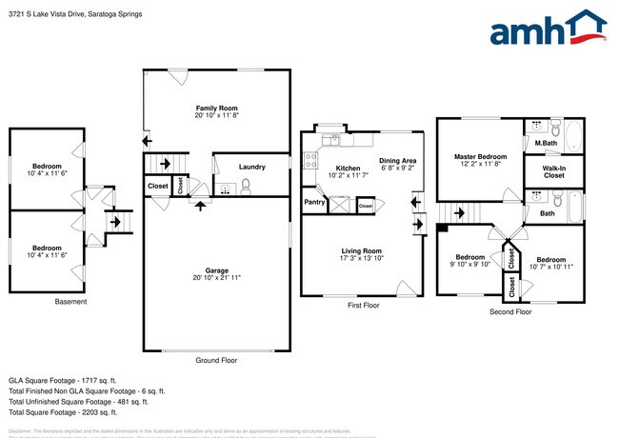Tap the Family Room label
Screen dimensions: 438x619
tap(216, 109)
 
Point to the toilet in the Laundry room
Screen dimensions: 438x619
tap(245, 186)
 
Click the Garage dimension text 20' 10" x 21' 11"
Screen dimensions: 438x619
tap(217, 277)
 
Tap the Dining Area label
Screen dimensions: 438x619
tap(397, 161)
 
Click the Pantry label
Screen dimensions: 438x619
tap(313, 202)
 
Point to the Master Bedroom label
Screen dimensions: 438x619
tap(478, 156)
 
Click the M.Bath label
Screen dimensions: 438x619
tap(545, 144)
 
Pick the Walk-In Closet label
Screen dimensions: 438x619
tap(553, 171)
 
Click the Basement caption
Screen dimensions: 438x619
tap(70, 302)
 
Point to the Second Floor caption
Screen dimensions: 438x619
tap(509, 311)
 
